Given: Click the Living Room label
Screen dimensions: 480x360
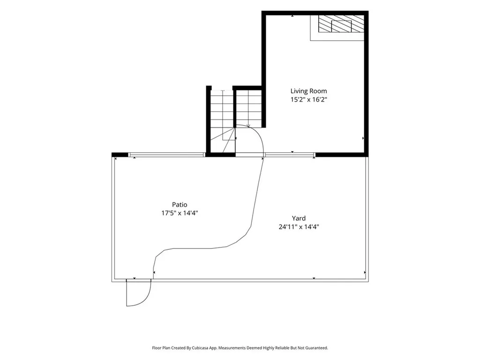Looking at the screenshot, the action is point(308,91).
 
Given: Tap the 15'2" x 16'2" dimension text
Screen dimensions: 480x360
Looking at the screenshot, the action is point(308,99).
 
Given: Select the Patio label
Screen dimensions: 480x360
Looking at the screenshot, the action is point(180,204).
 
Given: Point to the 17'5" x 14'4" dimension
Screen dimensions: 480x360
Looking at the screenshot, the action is point(180,213).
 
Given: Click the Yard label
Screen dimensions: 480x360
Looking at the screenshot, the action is point(299,218).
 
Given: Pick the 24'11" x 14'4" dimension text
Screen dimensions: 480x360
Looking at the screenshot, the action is point(299,227).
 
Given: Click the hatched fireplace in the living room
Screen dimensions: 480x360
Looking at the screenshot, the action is point(341,23).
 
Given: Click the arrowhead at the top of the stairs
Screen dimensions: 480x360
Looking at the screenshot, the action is point(248,126).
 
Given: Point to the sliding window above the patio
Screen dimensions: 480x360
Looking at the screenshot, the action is point(166,155).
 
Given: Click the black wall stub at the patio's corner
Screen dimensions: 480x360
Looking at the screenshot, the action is point(120,155).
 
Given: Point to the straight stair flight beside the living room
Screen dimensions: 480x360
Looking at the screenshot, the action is point(249,109).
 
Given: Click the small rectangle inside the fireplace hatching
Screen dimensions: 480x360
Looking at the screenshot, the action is point(342,26).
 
